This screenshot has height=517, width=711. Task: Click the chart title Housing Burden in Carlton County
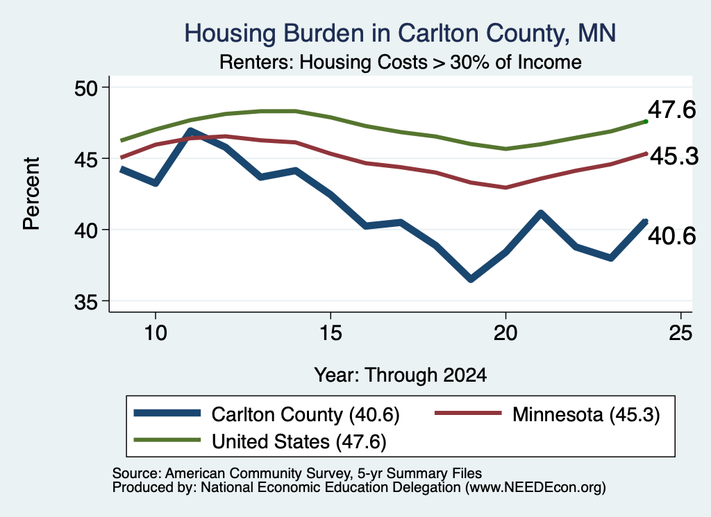[400, 33]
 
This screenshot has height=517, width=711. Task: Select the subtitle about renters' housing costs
[401, 62]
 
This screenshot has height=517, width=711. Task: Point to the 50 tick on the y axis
[86, 87]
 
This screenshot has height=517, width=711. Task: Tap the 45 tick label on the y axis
[86, 159]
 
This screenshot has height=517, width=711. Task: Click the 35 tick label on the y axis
[86, 302]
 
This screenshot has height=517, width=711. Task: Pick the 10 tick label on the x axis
[156, 333]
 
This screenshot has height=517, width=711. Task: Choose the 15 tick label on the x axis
[331, 333]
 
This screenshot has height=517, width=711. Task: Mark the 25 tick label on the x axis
[680, 333]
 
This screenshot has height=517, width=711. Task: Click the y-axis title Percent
[31, 194]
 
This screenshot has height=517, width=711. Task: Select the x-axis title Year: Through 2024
[401, 375]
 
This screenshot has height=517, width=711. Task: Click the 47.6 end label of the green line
[671, 110]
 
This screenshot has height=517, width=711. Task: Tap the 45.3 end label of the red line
[674, 157]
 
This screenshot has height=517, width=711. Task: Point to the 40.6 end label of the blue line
[671, 236]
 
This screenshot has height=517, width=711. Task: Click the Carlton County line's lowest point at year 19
[471, 279]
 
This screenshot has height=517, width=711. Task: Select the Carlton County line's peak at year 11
[191, 131]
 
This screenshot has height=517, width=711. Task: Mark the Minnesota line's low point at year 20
[505, 187]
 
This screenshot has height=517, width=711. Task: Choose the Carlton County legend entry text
[306, 414]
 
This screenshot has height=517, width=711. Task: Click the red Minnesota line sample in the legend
[469, 413]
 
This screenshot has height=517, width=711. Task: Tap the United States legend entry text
[299, 442]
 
